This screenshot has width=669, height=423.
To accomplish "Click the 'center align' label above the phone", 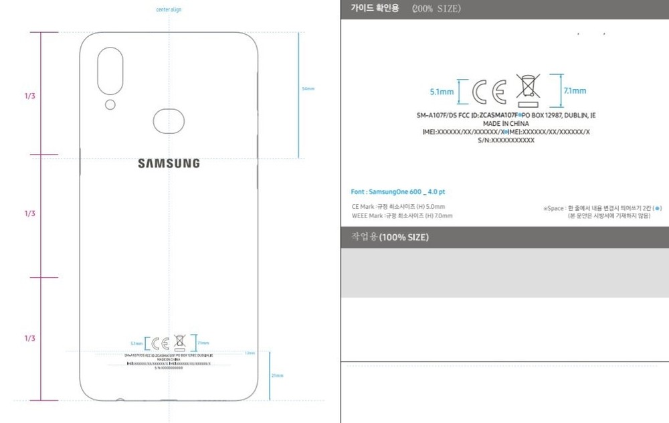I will coord(169,10).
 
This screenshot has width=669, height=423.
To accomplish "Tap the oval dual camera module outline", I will coord(110,71).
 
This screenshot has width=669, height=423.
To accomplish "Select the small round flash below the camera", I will coord(110,104).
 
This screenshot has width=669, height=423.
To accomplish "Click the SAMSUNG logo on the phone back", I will coord(169,163).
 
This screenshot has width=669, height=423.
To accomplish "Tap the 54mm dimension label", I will coord(308,88).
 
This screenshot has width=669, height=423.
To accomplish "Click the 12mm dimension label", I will coord(250,353).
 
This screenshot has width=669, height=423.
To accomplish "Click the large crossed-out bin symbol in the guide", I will coord(529,91).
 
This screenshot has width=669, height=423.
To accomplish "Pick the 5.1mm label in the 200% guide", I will coord(442,92).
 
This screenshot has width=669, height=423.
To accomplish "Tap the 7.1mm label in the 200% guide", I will coord(575,91).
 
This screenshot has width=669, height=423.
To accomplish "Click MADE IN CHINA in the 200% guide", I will coord(506,124).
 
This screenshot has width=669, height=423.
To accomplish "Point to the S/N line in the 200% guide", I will coord(506,140).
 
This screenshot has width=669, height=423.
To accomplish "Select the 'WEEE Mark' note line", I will coord(402,216).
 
